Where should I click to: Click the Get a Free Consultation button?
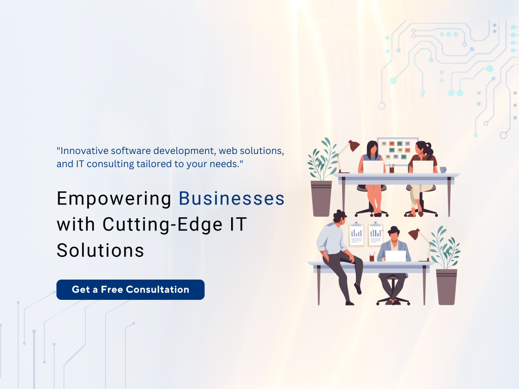coord(130,289)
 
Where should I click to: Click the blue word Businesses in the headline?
coord(232,199)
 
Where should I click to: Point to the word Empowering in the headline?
coord(114,199)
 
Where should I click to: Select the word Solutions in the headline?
coord(100,250)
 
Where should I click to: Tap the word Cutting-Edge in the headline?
coord(163,225)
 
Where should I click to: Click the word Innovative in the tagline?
coord(85,150)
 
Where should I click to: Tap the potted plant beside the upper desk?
coord(322,177)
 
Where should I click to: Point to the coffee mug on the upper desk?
coord(443,170)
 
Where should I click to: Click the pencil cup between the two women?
coord(392,168)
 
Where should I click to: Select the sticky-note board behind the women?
coord(397,151)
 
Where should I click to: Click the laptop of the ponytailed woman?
coord(423,167)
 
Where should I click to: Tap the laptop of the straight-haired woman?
coord(374,167)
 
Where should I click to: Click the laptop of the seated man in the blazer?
coord(395,256)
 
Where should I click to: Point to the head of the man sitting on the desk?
coord(340,217)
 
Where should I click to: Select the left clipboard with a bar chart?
coord(356,234)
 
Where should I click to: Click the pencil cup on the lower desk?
coord(372,257)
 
